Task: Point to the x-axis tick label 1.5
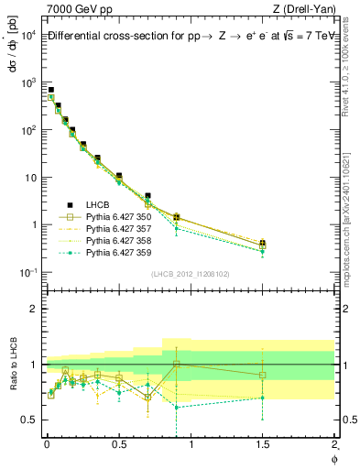pos(262,447)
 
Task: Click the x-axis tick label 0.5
pos(118,447)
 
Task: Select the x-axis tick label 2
pos(334,447)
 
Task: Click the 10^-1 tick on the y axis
pos(27,272)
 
